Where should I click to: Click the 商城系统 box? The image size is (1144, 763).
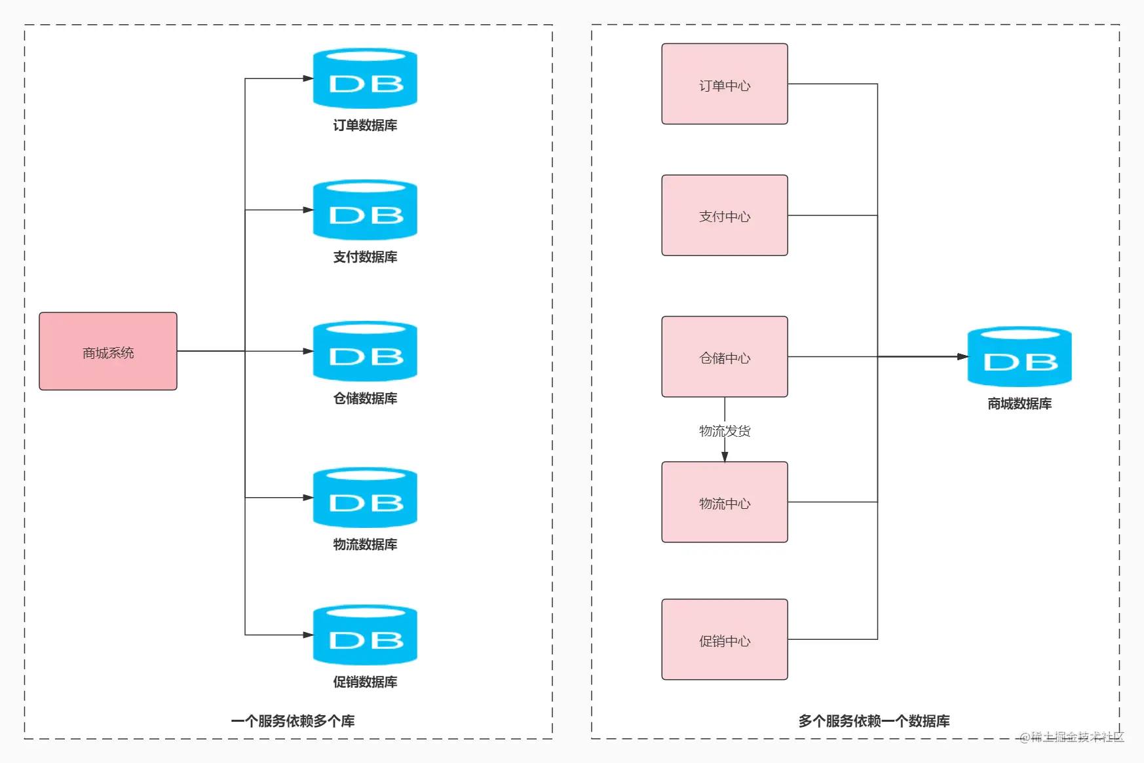(x=108, y=351)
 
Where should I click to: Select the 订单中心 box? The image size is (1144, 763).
(x=725, y=84)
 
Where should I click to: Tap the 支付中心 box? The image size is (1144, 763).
(x=725, y=215)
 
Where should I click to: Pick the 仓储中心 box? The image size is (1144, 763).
(x=725, y=357)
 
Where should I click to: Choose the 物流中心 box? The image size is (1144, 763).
(x=725, y=502)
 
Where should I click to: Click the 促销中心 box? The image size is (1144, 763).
(x=725, y=639)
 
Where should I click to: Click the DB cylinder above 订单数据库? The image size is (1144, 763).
(x=365, y=79)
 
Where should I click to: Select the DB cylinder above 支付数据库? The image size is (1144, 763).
(x=365, y=210)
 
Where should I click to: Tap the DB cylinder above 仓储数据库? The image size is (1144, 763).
(x=365, y=352)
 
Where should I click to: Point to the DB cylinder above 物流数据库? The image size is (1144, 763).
(x=365, y=498)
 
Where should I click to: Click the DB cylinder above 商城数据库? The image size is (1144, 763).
(x=1020, y=357)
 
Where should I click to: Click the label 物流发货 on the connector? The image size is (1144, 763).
(x=725, y=431)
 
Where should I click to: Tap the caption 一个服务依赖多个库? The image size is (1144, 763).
(x=293, y=721)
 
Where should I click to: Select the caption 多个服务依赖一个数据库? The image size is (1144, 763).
(x=874, y=721)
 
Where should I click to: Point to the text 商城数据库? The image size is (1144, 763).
(x=1020, y=403)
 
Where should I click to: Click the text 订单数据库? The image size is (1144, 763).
(x=365, y=125)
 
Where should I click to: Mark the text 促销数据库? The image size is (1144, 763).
(x=365, y=682)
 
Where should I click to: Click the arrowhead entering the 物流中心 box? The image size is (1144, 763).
(x=725, y=456)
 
